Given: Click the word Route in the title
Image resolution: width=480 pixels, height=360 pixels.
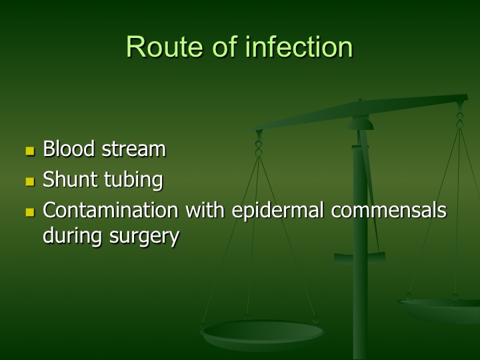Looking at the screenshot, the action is pyautogui.click(x=165, y=47).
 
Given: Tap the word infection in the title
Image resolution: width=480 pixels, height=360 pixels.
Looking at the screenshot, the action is pyautogui.click(x=299, y=46).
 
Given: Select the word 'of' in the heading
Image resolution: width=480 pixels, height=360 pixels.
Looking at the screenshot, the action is pyautogui.click(x=225, y=46).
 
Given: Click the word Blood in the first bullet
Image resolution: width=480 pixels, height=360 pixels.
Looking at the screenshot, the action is pyautogui.click(x=69, y=149).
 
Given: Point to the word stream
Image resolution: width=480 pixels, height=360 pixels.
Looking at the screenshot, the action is pyautogui.click(x=134, y=149).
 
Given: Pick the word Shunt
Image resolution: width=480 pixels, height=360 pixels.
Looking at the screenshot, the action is pyautogui.click(x=69, y=179).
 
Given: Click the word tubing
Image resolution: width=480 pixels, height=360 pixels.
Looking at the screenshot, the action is pyautogui.click(x=133, y=181).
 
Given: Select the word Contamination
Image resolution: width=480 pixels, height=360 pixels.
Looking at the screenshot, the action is pyautogui.click(x=111, y=210).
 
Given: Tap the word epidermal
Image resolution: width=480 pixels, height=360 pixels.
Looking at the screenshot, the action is pyautogui.click(x=277, y=211).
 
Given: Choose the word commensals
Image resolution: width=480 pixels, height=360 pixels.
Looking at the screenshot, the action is pyautogui.click(x=389, y=211).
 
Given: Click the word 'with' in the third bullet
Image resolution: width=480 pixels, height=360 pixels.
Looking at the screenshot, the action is pyautogui.click(x=205, y=210).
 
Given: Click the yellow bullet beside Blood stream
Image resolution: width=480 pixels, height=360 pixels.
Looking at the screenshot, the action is pyautogui.click(x=30, y=151).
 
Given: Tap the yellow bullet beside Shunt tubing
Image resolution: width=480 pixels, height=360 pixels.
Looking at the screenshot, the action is pyautogui.click(x=30, y=181).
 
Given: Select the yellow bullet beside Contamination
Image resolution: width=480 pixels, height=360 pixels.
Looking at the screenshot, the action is pyautogui.click(x=30, y=212).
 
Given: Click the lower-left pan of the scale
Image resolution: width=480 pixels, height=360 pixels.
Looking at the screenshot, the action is pyautogui.click(x=262, y=334).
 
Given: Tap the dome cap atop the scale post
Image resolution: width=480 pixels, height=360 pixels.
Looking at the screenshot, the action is pyautogui.click(x=361, y=124).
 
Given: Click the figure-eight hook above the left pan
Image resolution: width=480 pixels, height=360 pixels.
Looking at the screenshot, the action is pyautogui.click(x=259, y=149).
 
